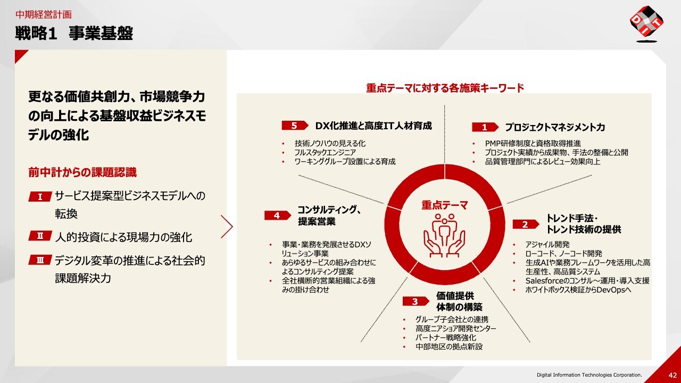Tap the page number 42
click(x=672, y=375)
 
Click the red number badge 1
click(x=485, y=127)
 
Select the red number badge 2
click(x=526, y=224)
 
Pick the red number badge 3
click(x=416, y=301)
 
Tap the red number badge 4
click(x=278, y=215)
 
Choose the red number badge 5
click(x=295, y=126)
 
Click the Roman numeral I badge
click(x=40, y=197)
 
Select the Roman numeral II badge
click(x=40, y=236)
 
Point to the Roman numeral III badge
click(x=40, y=260)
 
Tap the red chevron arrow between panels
click(x=227, y=227)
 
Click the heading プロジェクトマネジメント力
click(x=555, y=127)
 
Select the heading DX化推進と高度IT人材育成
click(x=373, y=126)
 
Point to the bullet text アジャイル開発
click(x=547, y=244)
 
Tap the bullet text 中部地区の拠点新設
click(x=449, y=346)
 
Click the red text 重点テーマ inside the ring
click(x=444, y=205)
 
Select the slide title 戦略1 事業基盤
click(x=74, y=33)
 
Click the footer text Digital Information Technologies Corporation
click(x=589, y=375)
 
